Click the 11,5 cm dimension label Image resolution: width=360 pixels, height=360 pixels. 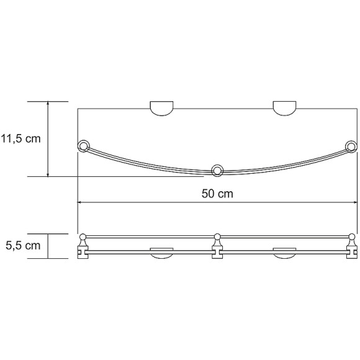(x=20, y=138)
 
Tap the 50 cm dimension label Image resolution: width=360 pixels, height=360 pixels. (x=217, y=193)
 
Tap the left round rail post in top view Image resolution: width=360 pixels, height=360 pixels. (x=83, y=146)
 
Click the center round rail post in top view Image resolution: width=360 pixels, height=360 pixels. (x=217, y=170)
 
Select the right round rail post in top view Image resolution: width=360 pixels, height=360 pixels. (x=351, y=147)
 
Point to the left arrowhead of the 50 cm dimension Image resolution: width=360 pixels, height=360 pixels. (x=81, y=202)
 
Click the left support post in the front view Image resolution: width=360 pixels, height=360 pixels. (x=82, y=246)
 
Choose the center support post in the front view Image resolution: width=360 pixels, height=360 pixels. (x=217, y=246)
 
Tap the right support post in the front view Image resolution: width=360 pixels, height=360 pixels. (x=352, y=246)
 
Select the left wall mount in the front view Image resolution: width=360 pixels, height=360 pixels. (x=161, y=252)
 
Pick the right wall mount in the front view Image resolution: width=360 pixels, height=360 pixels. (x=284, y=252)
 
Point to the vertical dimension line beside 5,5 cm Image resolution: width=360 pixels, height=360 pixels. (x=49, y=246)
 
